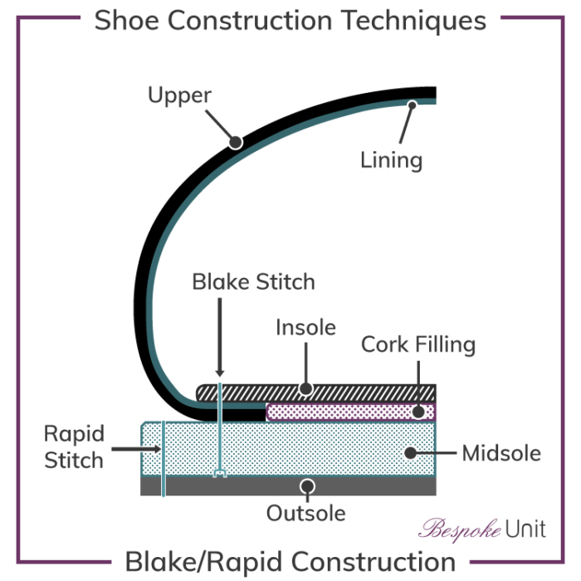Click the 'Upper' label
coord(179,95)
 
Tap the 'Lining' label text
coord(391,159)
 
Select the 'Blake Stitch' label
coord(253,281)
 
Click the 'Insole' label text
coord(305,327)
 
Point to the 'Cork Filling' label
coord(418,344)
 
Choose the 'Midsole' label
coord(501,453)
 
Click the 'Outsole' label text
coord(305,513)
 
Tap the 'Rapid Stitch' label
coord(75,447)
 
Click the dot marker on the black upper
coord(236,142)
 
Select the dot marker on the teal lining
coord(412,105)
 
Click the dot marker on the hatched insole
coord(305,388)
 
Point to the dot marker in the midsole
coord(409,453)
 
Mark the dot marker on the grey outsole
coord(307,486)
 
